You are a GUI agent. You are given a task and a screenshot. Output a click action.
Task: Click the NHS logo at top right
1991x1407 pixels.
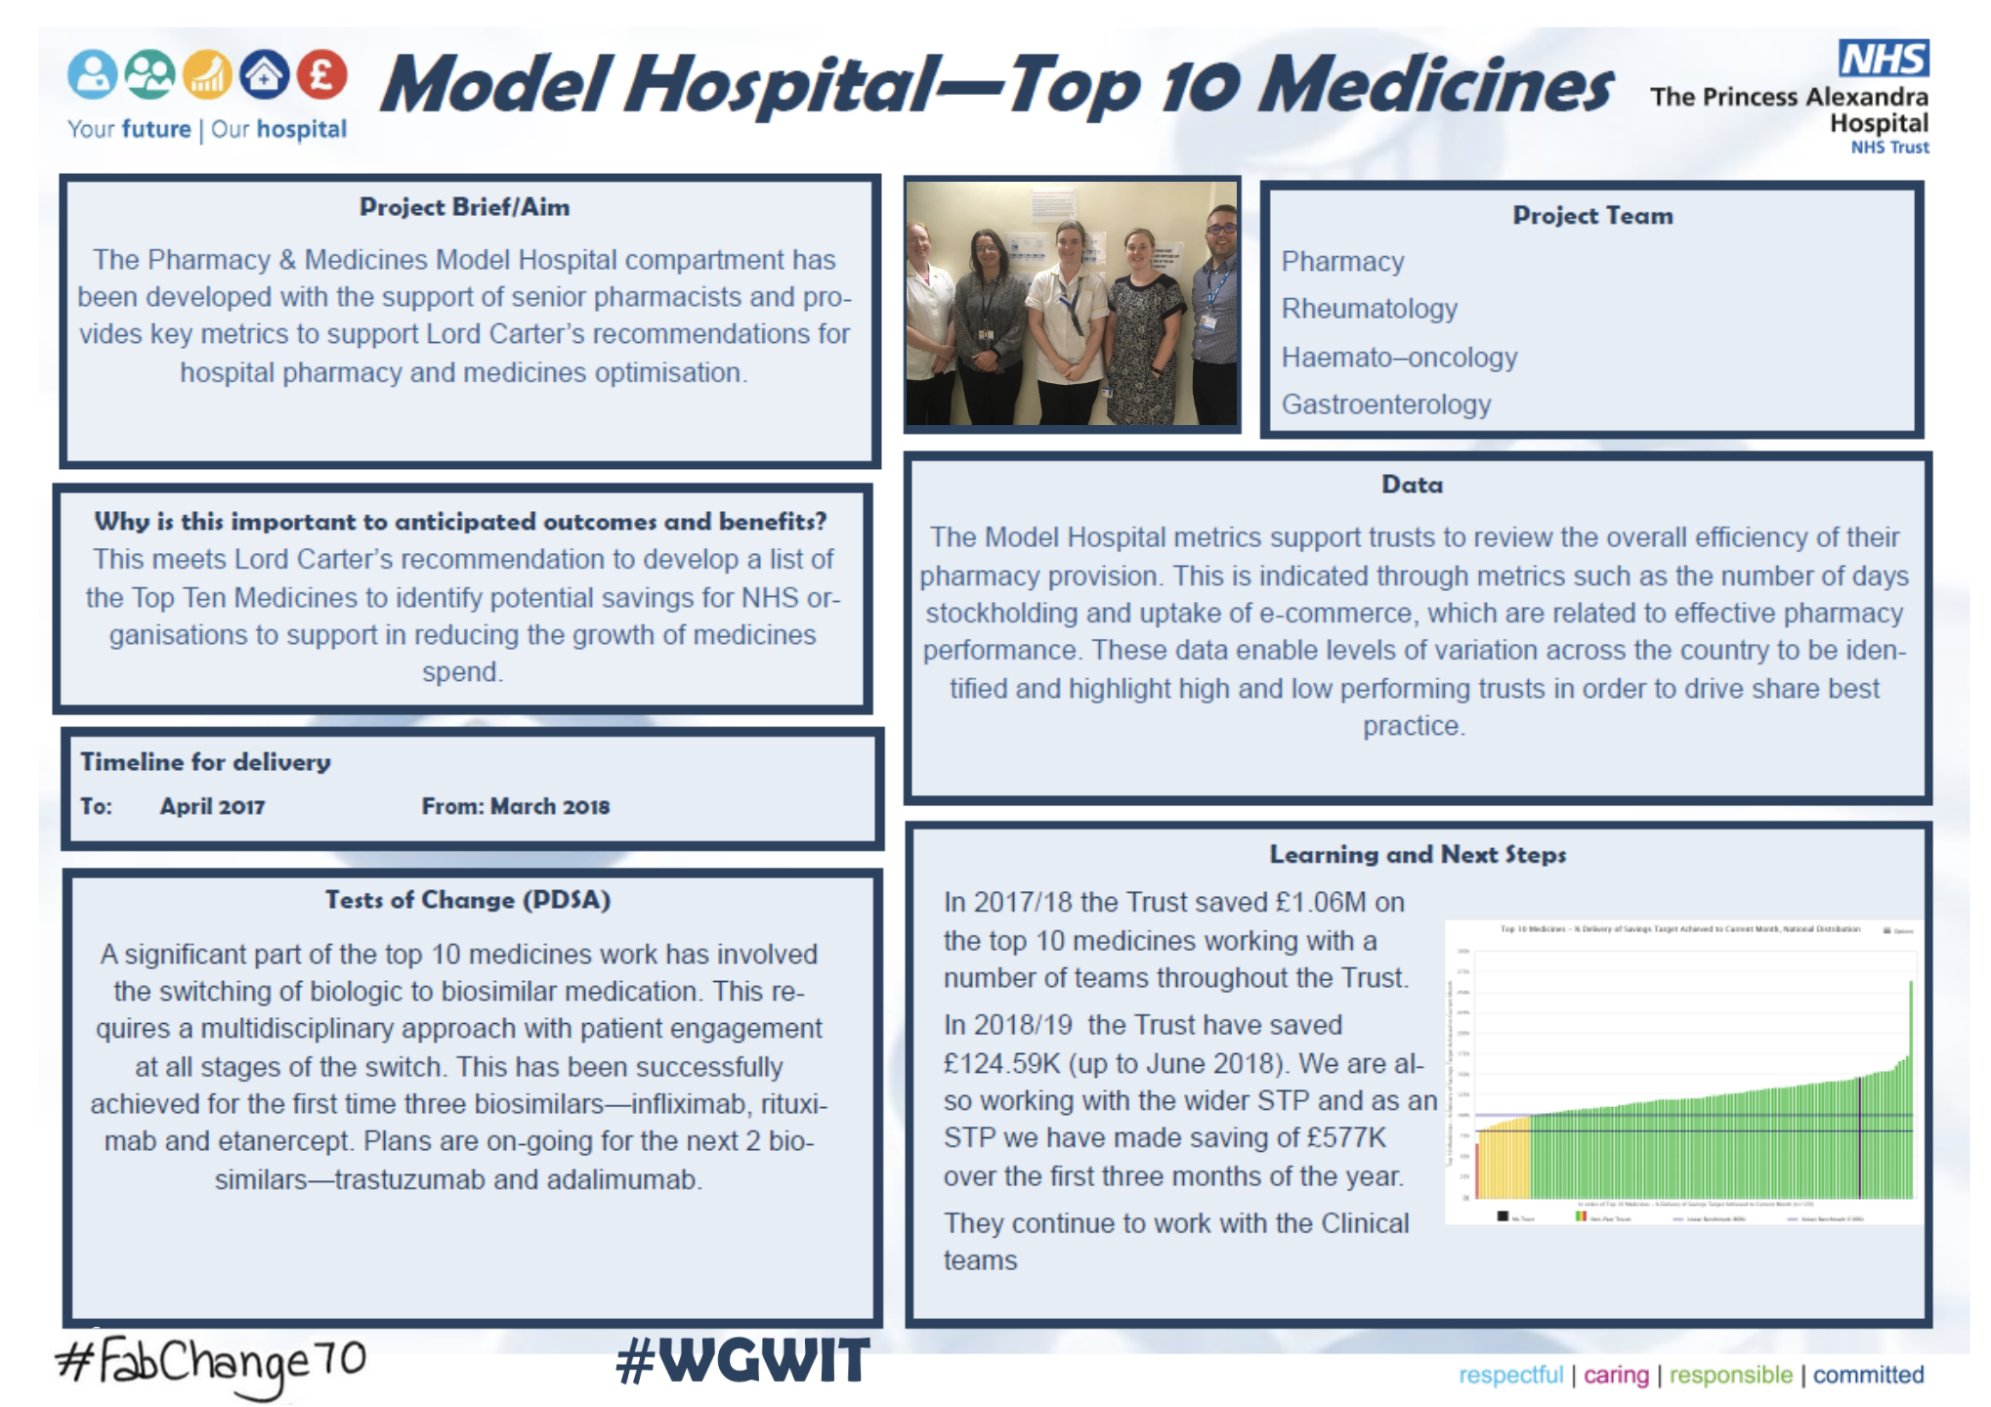[1883, 59]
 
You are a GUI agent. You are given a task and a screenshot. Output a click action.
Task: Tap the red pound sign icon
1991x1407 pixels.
[321, 74]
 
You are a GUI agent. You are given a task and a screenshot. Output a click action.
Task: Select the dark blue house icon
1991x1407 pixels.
[264, 74]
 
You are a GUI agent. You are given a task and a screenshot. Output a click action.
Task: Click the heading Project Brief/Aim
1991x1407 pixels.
[464, 207]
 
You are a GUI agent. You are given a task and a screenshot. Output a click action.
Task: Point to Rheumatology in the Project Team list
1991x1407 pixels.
[1369, 309]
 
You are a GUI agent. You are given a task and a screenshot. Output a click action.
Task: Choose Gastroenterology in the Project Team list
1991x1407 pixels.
[1385, 405]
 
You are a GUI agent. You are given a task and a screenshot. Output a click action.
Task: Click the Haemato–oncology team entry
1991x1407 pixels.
[1399, 358]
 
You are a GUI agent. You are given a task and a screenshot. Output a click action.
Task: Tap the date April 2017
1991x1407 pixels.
[212, 807]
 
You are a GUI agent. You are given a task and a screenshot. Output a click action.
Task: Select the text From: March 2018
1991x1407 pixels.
[515, 807]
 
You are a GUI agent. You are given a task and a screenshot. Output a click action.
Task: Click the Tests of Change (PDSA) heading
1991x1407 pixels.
[468, 900]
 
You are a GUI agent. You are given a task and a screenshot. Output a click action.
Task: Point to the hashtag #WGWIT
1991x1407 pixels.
[742, 1361]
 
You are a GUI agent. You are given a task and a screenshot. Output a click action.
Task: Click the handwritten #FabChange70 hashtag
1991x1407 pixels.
[211, 1362]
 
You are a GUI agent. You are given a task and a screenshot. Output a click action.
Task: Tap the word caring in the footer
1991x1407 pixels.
[1616, 1376]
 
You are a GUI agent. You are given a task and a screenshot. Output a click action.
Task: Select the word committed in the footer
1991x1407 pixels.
[1868, 1376]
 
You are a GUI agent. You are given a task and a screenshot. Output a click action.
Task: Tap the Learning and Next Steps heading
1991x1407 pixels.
[1418, 855]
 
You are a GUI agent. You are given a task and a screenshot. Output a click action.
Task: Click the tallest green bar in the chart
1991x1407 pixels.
[1910, 1085]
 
